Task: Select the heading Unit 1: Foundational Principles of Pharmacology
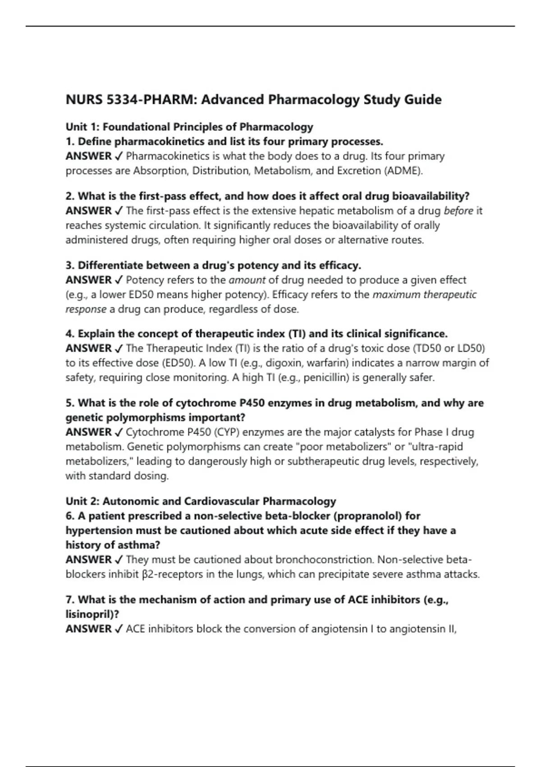pyautogui.click(x=189, y=127)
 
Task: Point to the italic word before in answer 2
pyautogui.click(x=458, y=211)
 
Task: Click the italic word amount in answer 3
pyautogui.click(x=247, y=280)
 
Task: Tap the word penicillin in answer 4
pyautogui.click(x=326, y=378)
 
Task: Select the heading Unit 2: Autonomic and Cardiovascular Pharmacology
pyautogui.click(x=201, y=501)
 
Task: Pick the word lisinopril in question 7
pyautogui.click(x=89, y=615)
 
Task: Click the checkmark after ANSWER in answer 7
pyautogui.click(x=119, y=629)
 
